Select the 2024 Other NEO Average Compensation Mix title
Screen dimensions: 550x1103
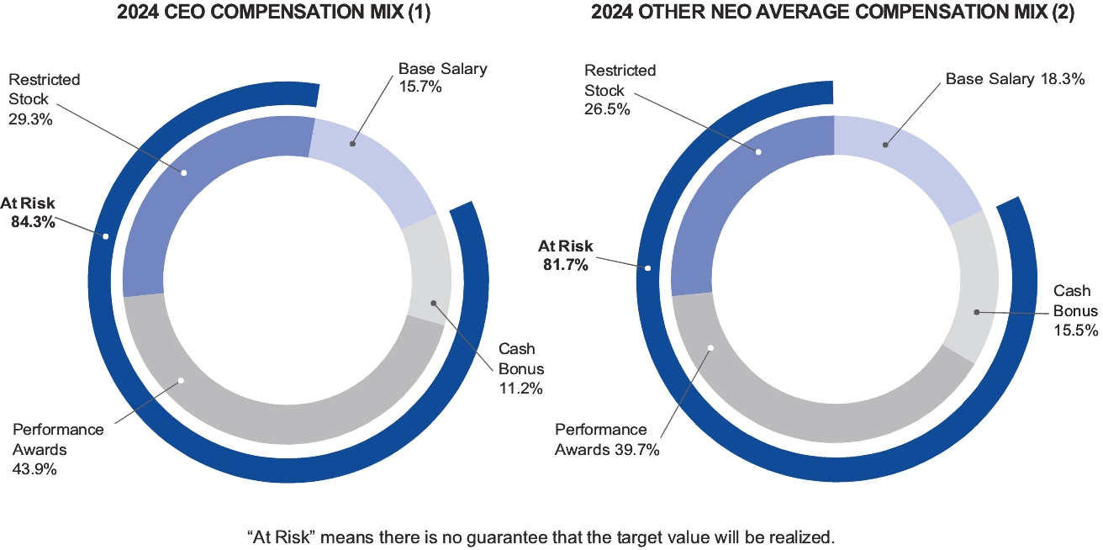[832, 13]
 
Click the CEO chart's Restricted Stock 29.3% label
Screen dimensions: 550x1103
[44, 99]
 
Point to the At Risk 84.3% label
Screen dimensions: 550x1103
[28, 213]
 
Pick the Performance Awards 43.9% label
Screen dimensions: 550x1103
[58, 449]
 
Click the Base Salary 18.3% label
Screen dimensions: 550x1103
[1012, 79]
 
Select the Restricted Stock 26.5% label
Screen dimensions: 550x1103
[620, 90]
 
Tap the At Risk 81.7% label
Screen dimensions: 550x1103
[565, 256]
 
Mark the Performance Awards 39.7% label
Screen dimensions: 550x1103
[607, 439]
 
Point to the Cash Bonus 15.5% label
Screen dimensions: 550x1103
[1075, 310]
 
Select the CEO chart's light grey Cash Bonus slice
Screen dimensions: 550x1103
[429, 269]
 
